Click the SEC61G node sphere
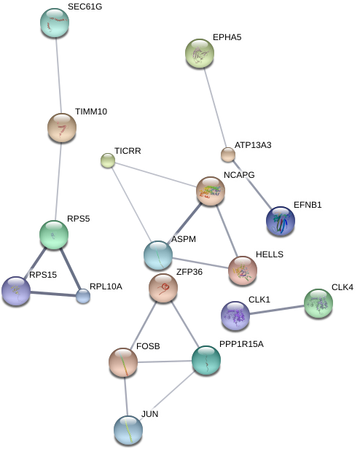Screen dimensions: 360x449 [x=55, y=23]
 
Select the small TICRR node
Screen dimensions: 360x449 [x=108, y=160]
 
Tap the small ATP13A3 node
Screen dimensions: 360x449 [x=228, y=155]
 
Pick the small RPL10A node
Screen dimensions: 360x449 [x=83, y=296]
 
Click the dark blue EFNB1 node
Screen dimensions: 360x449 [x=281, y=221]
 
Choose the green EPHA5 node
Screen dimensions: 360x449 [x=200, y=53]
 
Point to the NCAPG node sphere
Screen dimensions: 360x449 [x=211, y=191]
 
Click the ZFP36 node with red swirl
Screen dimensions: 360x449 [x=163, y=288]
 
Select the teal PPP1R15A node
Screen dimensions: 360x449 [x=206, y=360]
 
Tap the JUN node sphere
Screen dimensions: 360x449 [x=128, y=430]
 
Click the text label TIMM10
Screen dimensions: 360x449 [x=91, y=112]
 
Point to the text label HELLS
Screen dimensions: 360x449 [x=270, y=254]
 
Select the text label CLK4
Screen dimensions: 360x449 [x=343, y=287]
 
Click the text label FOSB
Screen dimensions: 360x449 [x=148, y=346]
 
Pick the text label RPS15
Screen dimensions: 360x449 [x=43, y=275]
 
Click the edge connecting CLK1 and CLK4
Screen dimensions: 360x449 [x=277, y=310]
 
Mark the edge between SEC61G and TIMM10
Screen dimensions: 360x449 [x=58, y=75]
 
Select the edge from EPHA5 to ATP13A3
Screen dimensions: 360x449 [x=215, y=108]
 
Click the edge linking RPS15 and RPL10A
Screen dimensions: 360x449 [x=53, y=294]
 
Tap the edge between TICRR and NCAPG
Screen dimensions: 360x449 [x=155, y=174]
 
